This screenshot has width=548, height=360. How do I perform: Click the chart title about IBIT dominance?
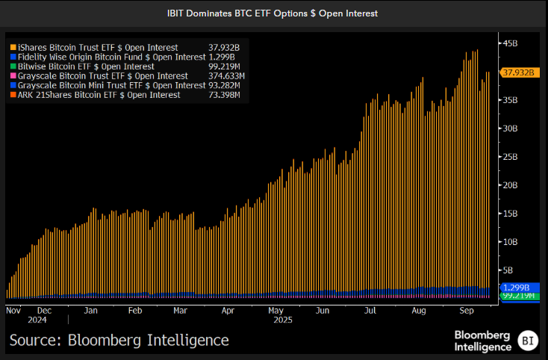coord(273,13)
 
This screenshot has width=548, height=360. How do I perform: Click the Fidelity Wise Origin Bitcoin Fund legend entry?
coord(108,56)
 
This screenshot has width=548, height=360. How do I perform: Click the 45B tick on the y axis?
coord(509,44)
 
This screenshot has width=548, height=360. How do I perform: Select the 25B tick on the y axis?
coord(509,157)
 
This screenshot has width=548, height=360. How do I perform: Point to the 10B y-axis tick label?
coord(509,242)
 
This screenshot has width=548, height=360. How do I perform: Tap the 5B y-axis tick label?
coord(507,270)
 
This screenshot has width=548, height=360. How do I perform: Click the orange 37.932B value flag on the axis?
coord(518,72)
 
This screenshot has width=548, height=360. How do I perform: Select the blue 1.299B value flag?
coord(517,288)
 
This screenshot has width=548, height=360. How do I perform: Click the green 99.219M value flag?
coord(518,297)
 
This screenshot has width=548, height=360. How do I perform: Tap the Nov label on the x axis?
coord(13,309)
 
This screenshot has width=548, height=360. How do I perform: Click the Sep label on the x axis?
coord(467,309)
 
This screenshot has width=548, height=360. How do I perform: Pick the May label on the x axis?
coord(275,309)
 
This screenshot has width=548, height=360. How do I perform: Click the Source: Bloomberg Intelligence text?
coord(119,341)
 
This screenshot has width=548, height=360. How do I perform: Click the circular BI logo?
coord(528,339)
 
